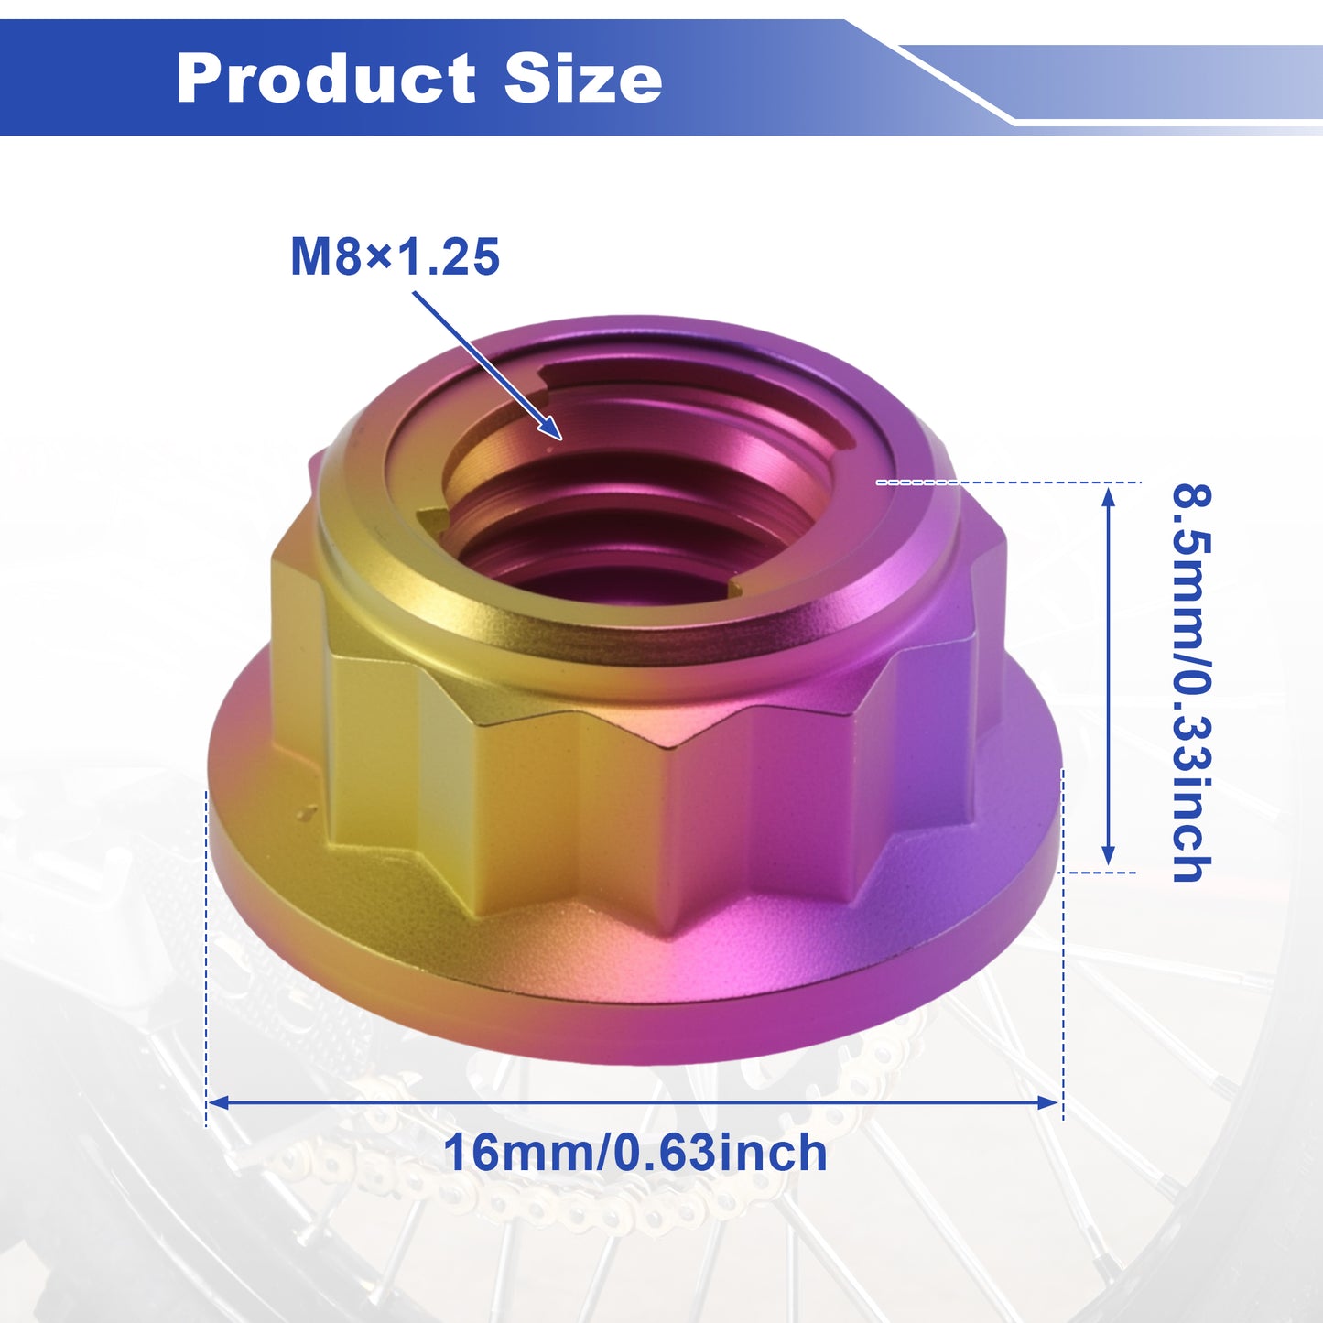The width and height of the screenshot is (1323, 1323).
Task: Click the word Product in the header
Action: [x=326, y=78]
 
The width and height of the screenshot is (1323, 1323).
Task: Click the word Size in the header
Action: [x=583, y=78]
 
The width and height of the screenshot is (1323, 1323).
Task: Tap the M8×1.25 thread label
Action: [x=395, y=257]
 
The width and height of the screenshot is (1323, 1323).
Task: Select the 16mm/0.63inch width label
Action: [x=635, y=1153]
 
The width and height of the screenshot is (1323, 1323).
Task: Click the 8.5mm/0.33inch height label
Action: [x=1191, y=683]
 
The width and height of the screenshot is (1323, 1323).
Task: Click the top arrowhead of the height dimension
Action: [x=1108, y=495]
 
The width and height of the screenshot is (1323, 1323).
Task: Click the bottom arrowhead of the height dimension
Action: [x=1108, y=855]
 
